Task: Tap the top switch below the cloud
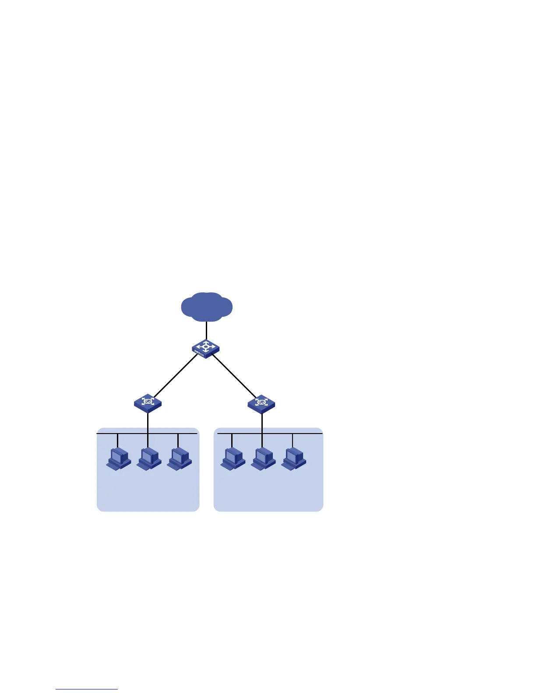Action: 205,349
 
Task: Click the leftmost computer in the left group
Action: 119,458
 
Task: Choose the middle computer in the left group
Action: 149,458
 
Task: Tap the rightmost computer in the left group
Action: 179,458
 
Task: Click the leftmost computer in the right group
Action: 233,458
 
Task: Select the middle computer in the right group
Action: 263,458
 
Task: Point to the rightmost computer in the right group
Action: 293,458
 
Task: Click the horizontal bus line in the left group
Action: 131,434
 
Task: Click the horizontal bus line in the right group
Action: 307,434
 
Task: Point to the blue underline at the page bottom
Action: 87,689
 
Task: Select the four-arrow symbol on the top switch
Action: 206,346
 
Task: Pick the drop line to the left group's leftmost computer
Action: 118,440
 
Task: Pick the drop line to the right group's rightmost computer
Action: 292,440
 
